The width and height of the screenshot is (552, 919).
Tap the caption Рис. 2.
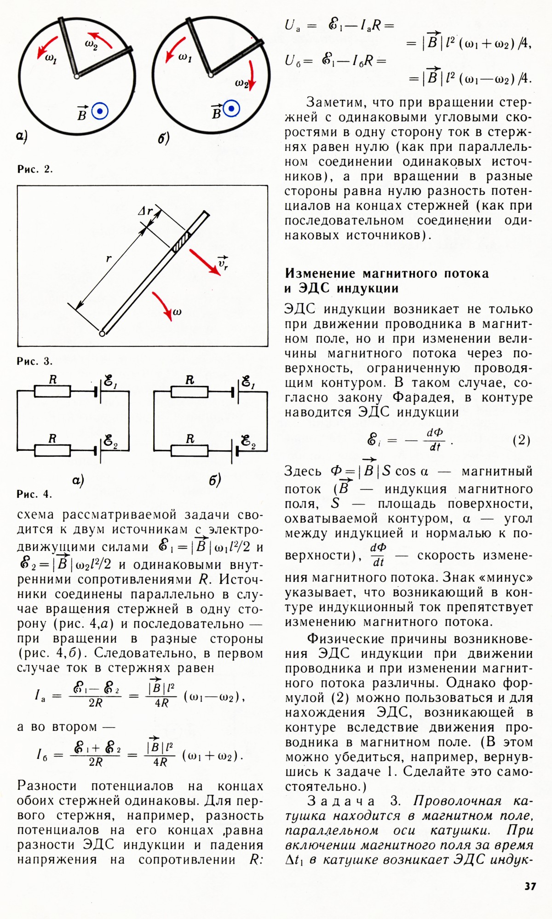tap(35, 169)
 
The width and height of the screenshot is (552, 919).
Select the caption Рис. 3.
tap(35, 361)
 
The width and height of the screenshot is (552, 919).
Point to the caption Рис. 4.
tap(35, 494)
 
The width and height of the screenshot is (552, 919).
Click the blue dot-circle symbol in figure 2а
tap(99, 111)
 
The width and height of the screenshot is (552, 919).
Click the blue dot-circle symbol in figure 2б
tap(231, 109)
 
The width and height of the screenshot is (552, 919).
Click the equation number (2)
tap(521, 440)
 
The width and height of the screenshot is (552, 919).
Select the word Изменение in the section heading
tap(320, 273)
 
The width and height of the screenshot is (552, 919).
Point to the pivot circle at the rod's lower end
tap(102, 333)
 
